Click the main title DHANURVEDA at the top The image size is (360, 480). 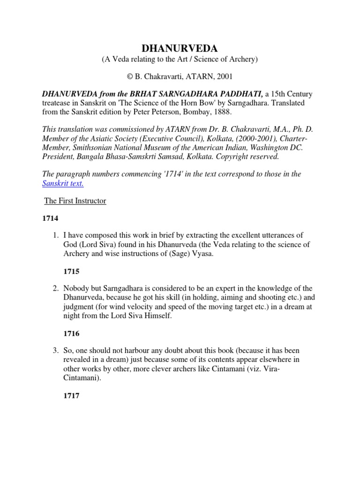[180, 49]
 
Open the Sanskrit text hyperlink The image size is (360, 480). [63, 183]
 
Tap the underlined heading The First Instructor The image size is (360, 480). [75, 201]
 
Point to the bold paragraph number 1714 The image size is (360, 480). [51, 219]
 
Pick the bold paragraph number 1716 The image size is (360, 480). [71, 334]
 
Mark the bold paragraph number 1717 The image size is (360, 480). [71, 396]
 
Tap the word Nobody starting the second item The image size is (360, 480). [76, 289]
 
